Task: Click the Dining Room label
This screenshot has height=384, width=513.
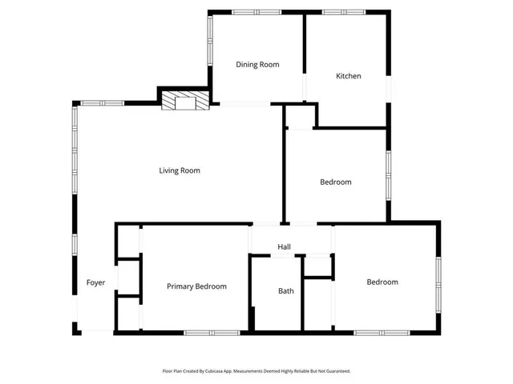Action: click(x=257, y=65)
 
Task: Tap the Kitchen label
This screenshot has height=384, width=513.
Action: click(x=348, y=76)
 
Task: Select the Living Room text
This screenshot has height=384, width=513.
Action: click(x=179, y=170)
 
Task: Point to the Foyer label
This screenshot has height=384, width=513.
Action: click(x=95, y=283)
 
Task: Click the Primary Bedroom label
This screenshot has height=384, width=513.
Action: click(x=196, y=286)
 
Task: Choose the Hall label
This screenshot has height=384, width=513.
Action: click(x=284, y=247)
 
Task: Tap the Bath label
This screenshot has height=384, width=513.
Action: click(x=285, y=291)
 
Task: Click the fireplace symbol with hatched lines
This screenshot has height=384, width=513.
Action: click(x=185, y=101)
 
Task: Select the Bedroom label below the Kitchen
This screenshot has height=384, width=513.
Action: click(x=335, y=182)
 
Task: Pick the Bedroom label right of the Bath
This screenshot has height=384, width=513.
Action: click(x=382, y=282)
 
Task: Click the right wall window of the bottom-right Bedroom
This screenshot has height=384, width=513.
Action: click(x=438, y=285)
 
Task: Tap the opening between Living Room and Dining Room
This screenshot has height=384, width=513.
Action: click(x=245, y=104)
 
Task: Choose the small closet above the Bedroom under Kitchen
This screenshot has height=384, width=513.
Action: click(x=300, y=117)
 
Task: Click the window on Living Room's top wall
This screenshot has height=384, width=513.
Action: click(x=102, y=102)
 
